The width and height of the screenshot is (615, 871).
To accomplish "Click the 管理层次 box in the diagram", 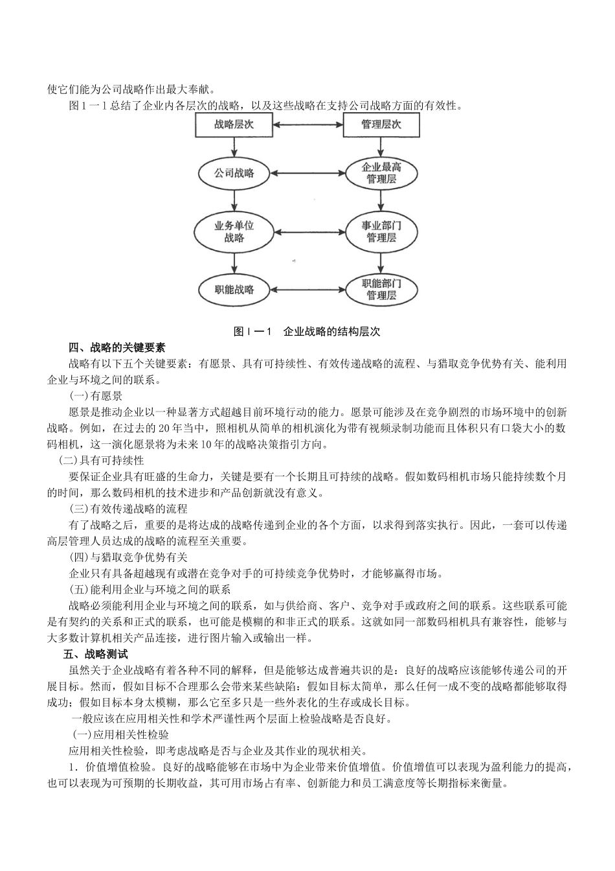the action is point(381,124).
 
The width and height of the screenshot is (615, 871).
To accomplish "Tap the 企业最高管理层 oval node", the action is point(381,172).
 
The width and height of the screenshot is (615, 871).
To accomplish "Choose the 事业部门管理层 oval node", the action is point(381,231).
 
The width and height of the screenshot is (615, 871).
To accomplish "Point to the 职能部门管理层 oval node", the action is point(381,289).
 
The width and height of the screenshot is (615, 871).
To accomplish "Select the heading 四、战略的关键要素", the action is point(117,347).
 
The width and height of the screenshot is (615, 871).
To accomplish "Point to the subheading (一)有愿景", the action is point(96,395).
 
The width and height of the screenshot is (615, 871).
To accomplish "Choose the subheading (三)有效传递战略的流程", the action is point(128,509).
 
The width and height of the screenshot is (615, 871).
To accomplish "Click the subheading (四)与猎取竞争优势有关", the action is point(128,557).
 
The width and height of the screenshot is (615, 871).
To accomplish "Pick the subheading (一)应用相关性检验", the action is point(120,735).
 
